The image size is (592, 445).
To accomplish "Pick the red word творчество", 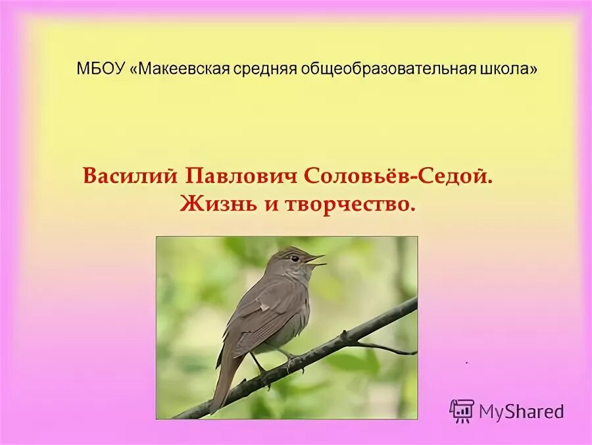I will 351,205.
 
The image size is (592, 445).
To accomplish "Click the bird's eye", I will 295,258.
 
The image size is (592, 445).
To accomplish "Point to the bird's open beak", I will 315,259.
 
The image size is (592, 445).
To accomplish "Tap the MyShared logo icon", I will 462,411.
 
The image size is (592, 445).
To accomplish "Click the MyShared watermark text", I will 521,412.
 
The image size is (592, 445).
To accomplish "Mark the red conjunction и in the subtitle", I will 268,205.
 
